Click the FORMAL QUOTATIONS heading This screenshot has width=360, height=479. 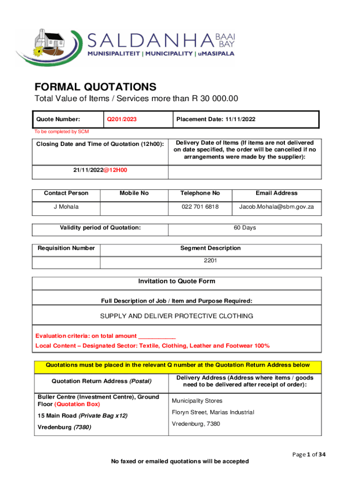coord(95,87)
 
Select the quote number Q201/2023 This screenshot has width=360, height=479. coord(122,119)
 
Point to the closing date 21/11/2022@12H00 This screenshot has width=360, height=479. coord(100,170)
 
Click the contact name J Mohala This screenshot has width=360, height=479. coord(66,207)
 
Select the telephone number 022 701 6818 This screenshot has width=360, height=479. coord(200,207)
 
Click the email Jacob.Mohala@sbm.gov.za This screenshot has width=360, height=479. coord(276,207)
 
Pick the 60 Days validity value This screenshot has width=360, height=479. coord(245,228)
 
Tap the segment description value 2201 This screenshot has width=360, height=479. coord(210,261)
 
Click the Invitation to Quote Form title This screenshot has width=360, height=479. coord(177,281)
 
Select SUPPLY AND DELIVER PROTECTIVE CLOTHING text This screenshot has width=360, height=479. coord(177,316)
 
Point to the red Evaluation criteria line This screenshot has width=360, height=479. coord(106,336)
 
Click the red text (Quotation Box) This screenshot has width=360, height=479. coord(77,404)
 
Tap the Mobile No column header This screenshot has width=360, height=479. coord(134,193)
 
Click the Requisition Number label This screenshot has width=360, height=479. coord(66,248)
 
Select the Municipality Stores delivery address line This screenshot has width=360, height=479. coord(197,401)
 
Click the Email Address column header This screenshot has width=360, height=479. coord(276,193)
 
